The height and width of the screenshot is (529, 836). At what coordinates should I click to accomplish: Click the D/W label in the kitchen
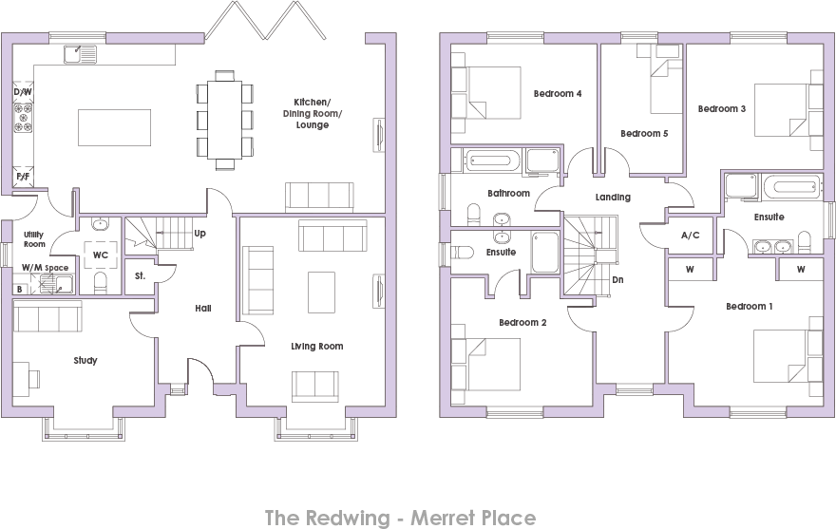[22, 92]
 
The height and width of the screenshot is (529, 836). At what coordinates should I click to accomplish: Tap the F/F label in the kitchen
[22, 177]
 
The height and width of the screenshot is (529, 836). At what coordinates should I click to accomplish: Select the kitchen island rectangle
[114, 127]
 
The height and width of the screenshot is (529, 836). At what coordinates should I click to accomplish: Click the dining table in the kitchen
[225, 120]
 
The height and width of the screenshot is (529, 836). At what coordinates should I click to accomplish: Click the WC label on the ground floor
[100, 255]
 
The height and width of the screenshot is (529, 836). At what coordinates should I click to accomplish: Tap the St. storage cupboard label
[140, 277]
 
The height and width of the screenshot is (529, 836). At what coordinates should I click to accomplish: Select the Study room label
[85, 361]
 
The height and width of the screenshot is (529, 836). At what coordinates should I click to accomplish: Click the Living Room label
[316, 347]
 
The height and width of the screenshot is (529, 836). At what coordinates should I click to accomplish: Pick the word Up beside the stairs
[199, 233]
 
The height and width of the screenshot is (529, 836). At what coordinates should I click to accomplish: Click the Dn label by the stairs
[617, 280]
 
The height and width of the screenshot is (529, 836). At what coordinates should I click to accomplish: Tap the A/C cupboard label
[690, 236]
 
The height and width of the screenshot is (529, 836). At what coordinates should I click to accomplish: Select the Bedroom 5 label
[644, 134]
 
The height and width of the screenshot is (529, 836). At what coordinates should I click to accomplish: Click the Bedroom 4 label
[557, 94]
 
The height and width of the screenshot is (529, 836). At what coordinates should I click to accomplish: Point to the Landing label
[613, 198]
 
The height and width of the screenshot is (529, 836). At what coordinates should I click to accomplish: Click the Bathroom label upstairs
[508, 194]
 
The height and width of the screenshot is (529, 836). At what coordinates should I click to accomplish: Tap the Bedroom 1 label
[750, 307]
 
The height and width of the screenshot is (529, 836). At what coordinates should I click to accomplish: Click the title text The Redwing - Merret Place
[399, 518]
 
